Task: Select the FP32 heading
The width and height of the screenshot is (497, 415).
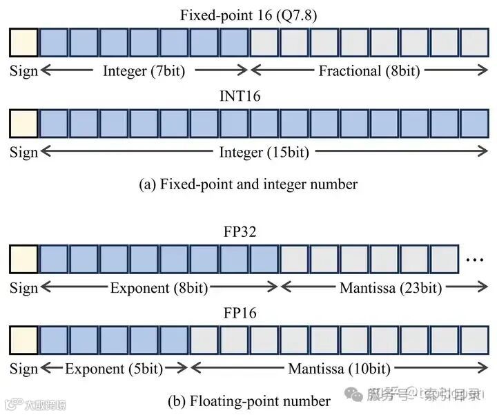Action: [x=240, y=231]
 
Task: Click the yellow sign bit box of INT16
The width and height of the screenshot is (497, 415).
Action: [x=23, y=124]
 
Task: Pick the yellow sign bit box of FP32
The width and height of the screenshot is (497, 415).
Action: [x=23, y=259]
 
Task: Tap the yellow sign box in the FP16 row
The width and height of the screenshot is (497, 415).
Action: [x=23, y=340]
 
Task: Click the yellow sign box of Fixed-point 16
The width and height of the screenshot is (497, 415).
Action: [x=23, y=43]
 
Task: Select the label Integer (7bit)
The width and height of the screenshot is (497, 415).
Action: [x=144, y=70]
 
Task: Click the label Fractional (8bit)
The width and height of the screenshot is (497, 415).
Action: [x=369, y=70]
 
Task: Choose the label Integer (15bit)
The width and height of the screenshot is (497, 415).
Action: [x=264, y=152]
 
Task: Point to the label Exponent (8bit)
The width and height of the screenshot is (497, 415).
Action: [x=159, y=288]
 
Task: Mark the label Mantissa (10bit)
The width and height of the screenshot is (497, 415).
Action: [x=340, y=369]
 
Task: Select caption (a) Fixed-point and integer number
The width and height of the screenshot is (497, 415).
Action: [x=248, y=184]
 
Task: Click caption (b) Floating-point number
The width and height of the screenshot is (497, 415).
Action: [x=248, y=400]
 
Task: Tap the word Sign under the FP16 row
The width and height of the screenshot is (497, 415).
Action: [x=23, y=369]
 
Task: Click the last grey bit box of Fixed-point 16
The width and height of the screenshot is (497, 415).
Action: [x=474, y=43]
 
